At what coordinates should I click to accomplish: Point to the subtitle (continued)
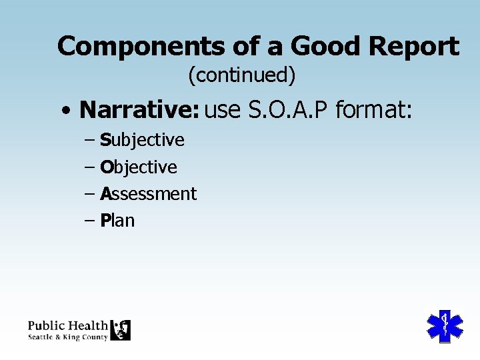pos(241,75)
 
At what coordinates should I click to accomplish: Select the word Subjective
pos(142,140)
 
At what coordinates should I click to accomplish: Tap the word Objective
pos(139,167)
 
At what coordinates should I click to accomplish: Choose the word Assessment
pos(148,194)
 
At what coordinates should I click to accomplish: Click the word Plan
pos(117,221)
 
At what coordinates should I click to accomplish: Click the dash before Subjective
pos(90,141)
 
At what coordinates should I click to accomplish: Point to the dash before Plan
pos(90,221)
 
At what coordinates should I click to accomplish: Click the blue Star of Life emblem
pos(444,325)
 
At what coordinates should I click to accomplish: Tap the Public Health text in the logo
pos(67,325)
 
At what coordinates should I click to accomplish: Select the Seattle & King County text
pos(67,337)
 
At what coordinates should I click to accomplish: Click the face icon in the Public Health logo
pos(121,330)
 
